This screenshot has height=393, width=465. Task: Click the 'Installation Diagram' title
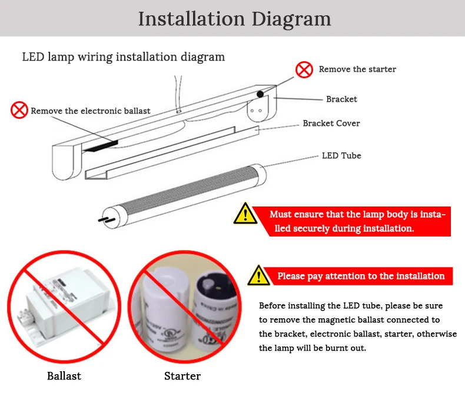click(234, 19)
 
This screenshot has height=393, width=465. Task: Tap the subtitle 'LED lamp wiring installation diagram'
click(124, 57)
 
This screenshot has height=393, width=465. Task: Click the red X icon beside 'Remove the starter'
click(304, 70)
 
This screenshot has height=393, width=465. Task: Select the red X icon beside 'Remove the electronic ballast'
click(19, 110)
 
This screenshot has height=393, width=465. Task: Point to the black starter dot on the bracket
click(260, 94)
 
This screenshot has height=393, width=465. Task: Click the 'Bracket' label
click(341, 99)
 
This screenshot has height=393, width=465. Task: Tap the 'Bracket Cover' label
click(331, 124)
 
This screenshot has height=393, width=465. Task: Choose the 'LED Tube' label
click(341, 155)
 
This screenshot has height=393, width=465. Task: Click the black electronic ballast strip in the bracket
click(101, 146)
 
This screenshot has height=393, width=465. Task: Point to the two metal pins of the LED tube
click(107, 219)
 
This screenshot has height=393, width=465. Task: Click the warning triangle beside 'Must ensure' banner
click(245, 214)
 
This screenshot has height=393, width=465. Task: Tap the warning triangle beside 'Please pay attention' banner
click(259, 275)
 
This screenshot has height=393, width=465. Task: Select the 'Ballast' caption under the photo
click(64, 376)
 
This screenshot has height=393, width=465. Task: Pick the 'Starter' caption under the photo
click(182, 376)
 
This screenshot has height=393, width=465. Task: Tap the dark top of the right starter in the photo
click(211, 284)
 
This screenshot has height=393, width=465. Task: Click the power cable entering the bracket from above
click(178, 94)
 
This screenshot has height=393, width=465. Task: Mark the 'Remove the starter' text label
click(357, 69)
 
